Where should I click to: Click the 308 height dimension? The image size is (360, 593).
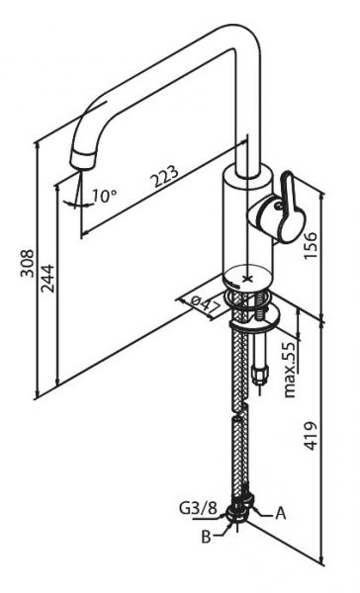[27, 263]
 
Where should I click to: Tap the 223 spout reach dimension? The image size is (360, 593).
[165, 176]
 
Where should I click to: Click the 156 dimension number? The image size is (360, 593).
[311, 246]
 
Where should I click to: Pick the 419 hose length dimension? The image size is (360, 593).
[311, 436]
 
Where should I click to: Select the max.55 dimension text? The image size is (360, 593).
[290, 370]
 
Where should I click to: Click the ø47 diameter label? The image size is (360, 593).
[206, 304]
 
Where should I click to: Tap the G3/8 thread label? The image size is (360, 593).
[198, 508]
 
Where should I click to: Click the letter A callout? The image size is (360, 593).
[280, 514]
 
